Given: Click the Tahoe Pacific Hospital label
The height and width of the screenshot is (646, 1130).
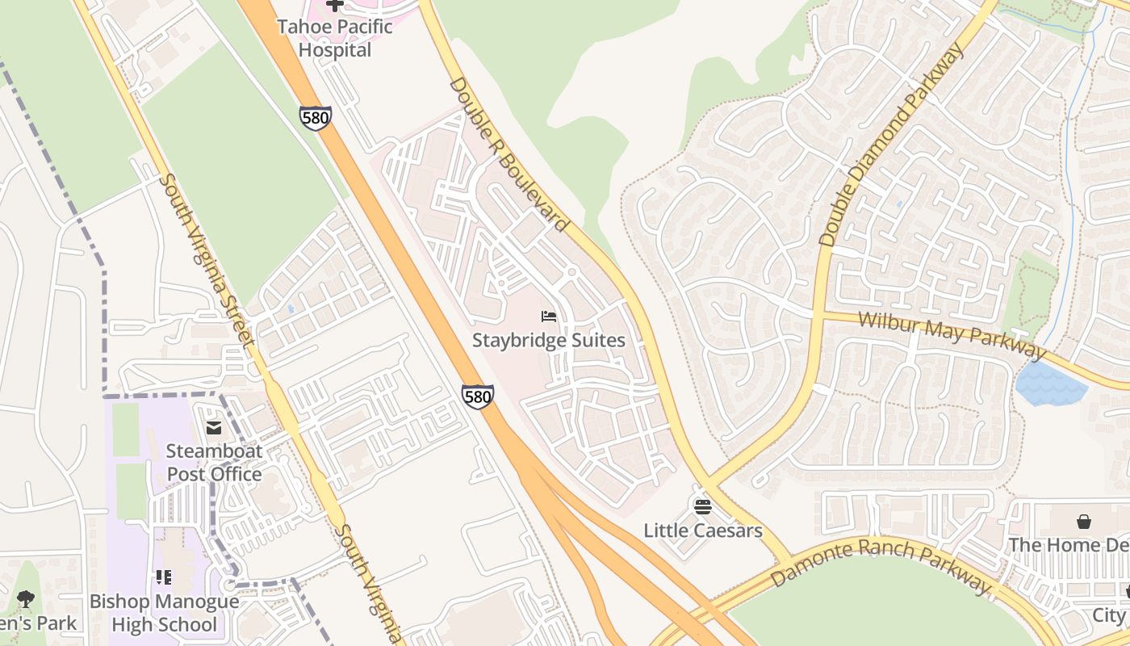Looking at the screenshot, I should click(x=334, y=38).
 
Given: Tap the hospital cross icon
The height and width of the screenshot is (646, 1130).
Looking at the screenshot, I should click(x=334, y=5).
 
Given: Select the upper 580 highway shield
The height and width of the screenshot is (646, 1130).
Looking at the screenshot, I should click(x=314, y=118).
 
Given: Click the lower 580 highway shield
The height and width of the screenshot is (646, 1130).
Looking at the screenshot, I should click(x=478, y=396).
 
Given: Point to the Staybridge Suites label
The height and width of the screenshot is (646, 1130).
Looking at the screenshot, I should click(x=548, y=340).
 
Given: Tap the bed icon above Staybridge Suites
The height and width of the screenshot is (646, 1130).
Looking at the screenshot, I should click(x=548, y=316).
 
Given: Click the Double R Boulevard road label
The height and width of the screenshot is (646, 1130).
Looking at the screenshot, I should click(x=508, y=153).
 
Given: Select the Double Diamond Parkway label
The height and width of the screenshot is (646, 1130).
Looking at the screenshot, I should click(x=891, y=145).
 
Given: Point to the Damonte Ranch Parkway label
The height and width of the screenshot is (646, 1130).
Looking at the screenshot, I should click(x=880, y=565).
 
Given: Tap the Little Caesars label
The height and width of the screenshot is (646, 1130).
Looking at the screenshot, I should click(x=702, y=531).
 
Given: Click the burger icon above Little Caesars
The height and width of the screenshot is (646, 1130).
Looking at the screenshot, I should click(x=702, y=507).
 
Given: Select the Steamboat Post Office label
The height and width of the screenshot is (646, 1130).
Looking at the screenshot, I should click(x=214, y=462).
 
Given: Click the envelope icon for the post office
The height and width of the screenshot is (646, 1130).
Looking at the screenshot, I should click(x=214, y=427).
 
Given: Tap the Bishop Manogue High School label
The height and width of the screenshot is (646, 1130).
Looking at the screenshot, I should click(x=164, y=613).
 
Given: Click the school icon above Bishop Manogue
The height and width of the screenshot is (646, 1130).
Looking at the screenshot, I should click(x=164, y=577).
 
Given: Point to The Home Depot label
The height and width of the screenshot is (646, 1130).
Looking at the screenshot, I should click(x=1069, y=545).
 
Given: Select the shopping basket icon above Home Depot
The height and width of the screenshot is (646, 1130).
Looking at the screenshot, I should click(x=1083, y=522).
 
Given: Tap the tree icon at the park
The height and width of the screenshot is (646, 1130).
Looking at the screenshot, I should click(x=25, y=598).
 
